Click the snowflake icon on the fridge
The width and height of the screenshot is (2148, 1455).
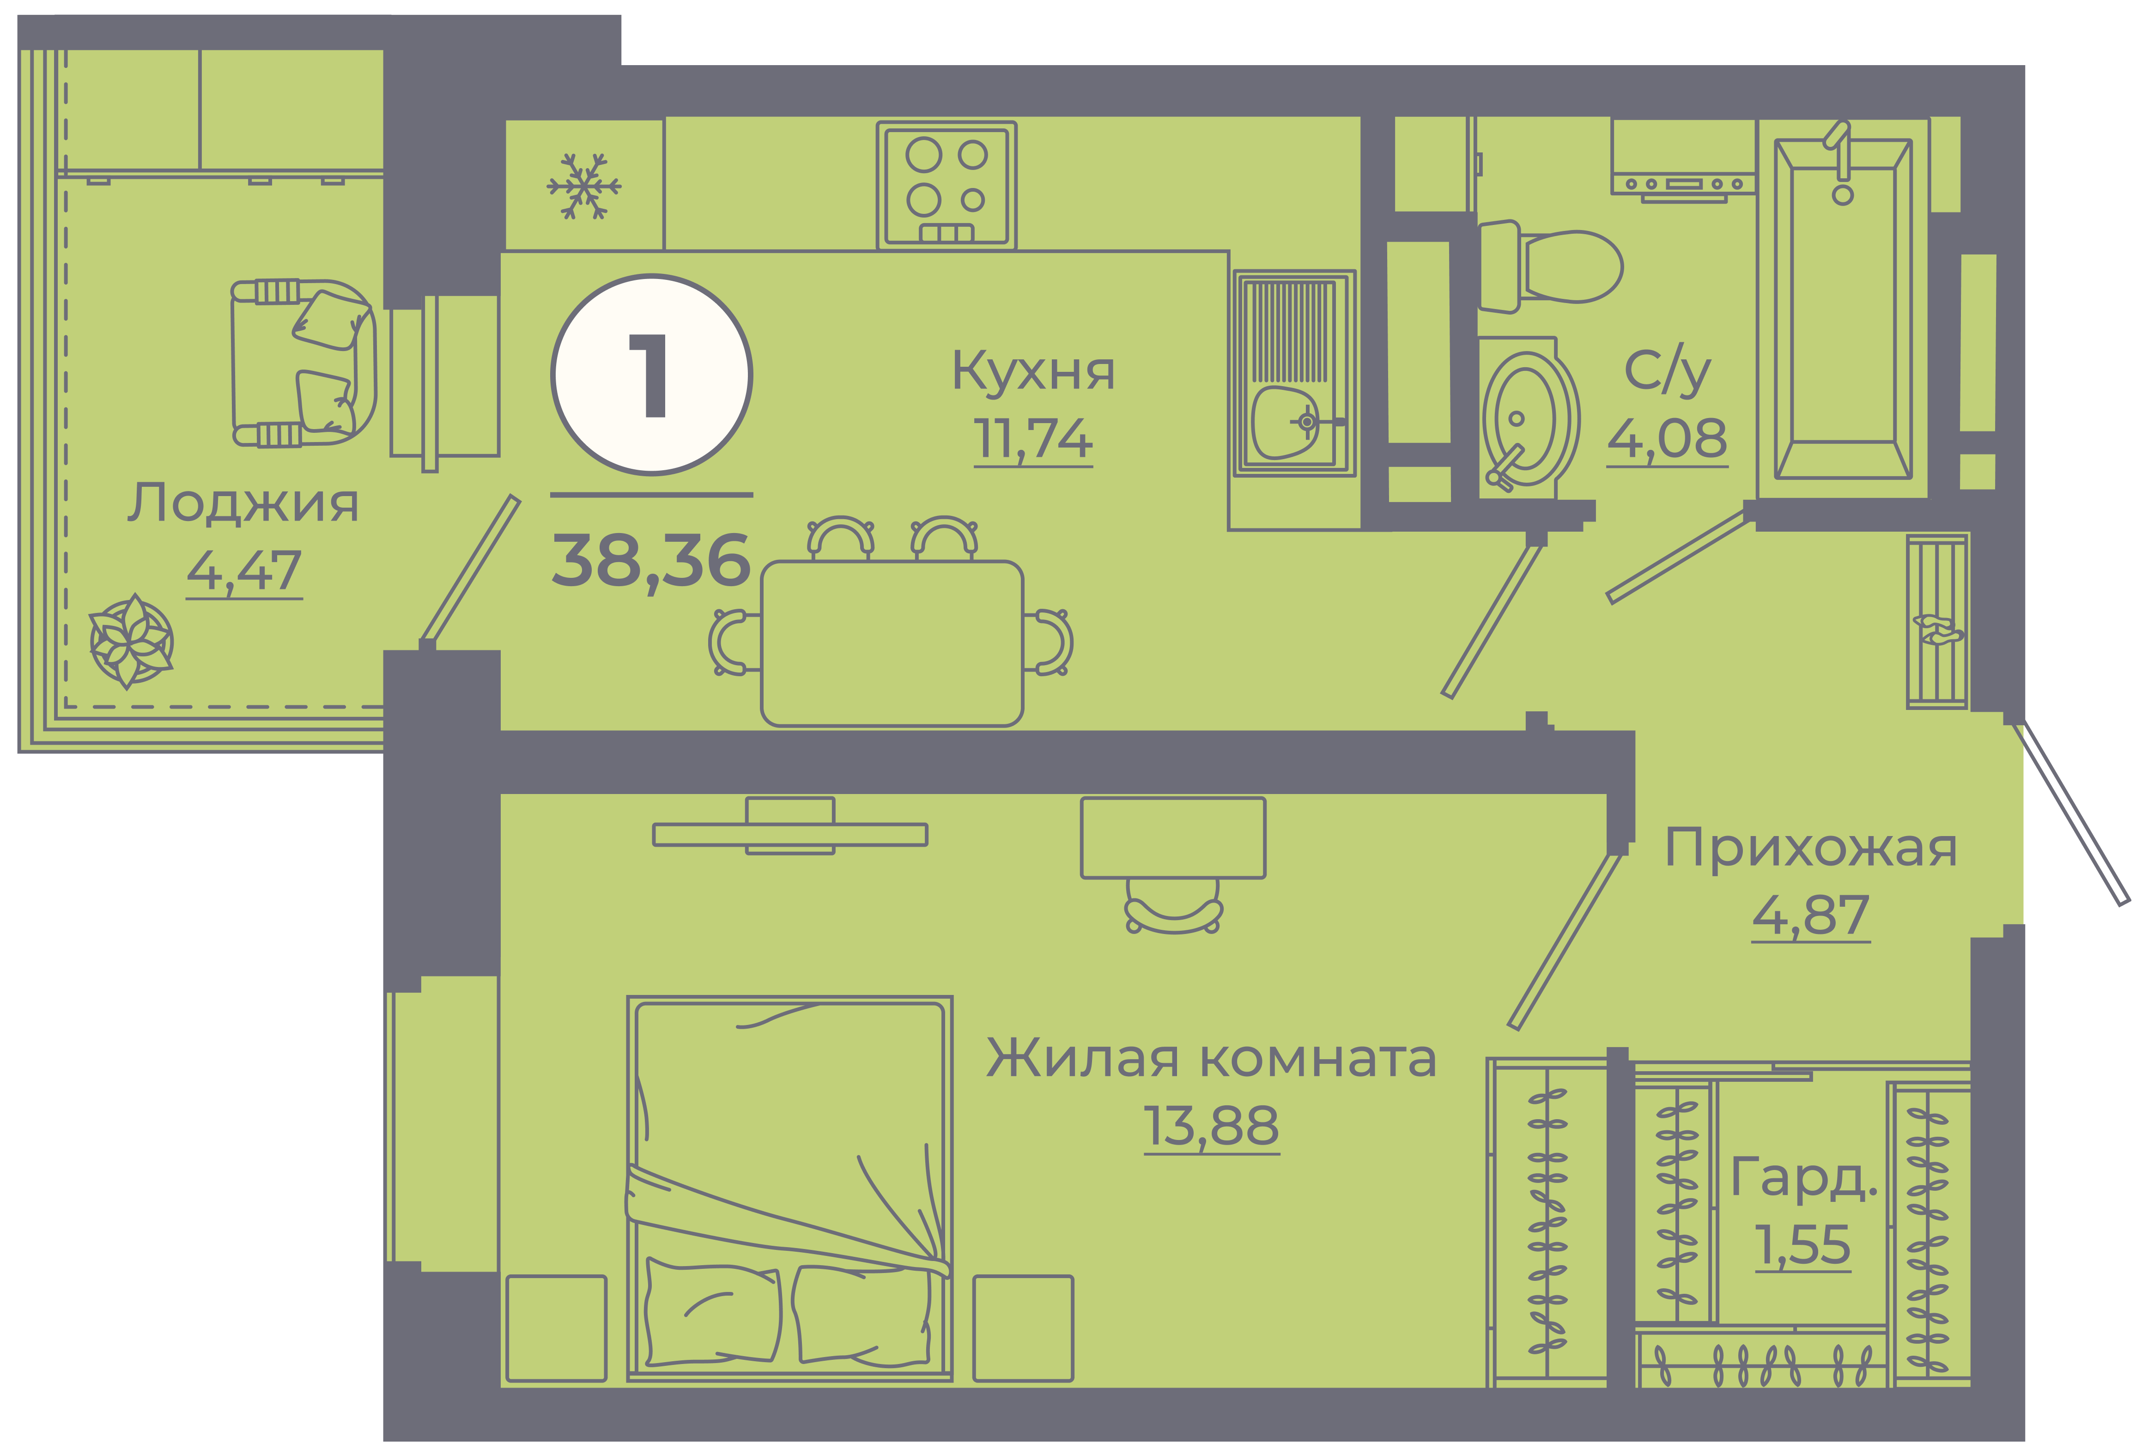pyautogui.click(x=584, y=186)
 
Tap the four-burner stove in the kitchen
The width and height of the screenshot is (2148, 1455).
pyautogui.click(x=947, y=185)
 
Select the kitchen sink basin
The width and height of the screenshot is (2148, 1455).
pyautogui.click(x=1285, y=423)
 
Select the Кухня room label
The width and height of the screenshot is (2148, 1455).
pyautogui.click(x=1033, y=372)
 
